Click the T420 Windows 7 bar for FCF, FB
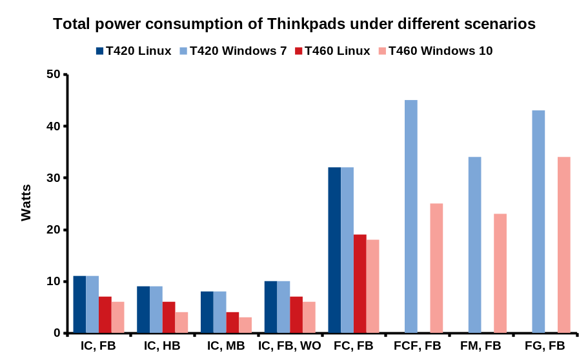[411, 217]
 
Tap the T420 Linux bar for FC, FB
[334, 250]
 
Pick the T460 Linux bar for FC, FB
[360, 284]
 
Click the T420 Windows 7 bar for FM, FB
[474, 245]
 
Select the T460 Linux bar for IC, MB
[232, 323]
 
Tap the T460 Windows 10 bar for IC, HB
[181, 323]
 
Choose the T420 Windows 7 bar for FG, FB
[538, 222]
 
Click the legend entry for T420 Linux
[133, 51]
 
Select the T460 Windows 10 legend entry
[435, 51]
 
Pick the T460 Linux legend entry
[332, 51]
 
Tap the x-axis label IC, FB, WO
[290, 346]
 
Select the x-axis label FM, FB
[481, 346]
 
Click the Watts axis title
[26, 203]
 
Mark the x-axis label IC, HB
[162, 346]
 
